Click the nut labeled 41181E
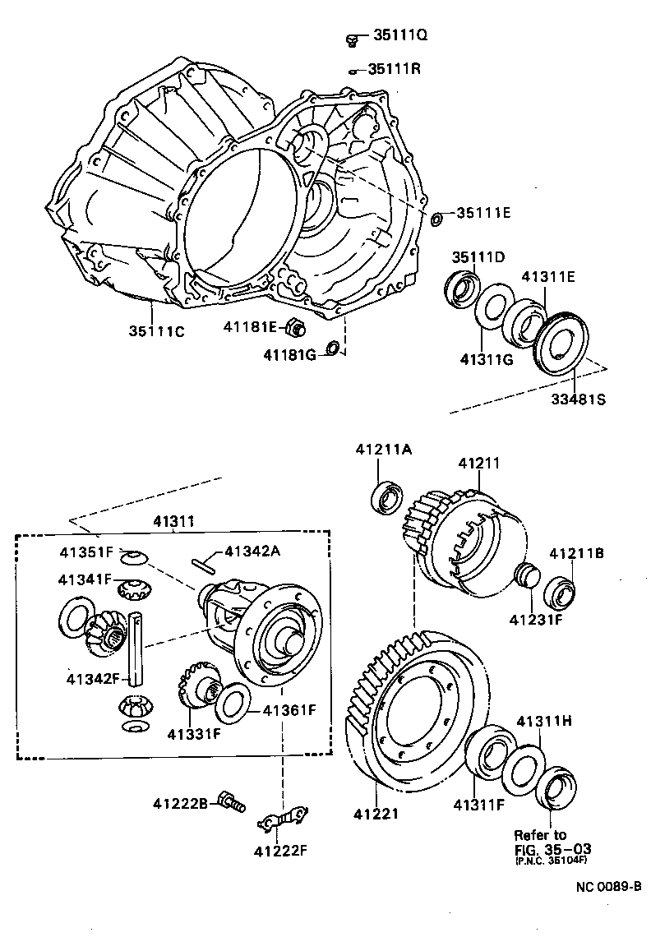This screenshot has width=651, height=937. [295, 328]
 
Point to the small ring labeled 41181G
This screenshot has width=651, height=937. [333, 349]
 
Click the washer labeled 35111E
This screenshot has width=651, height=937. [437, 218]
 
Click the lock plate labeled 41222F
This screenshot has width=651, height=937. [283, 818]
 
